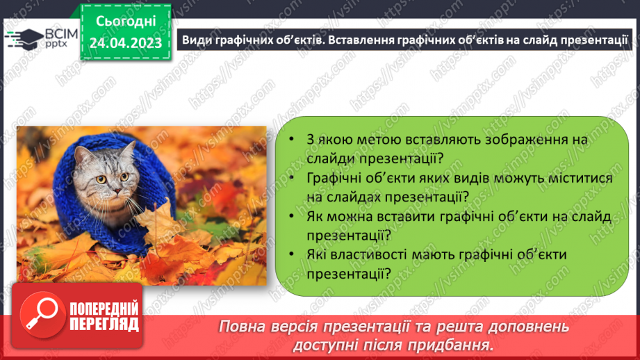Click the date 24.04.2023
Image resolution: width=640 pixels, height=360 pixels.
tap(124, 43)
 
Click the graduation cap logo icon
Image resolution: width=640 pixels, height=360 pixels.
tap(22, 38)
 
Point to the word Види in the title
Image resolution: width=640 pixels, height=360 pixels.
tap(197, 39)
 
